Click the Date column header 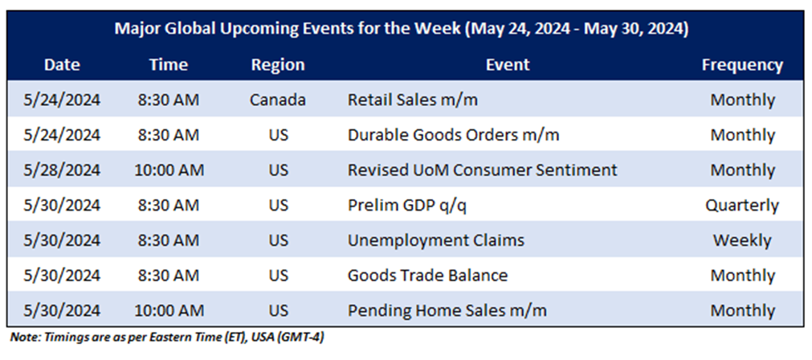62,65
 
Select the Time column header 169,65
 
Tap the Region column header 278,65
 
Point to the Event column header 508,65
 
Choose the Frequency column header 742,66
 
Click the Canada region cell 278,100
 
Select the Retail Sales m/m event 413,100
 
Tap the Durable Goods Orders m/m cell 454,135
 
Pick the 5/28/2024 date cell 62,170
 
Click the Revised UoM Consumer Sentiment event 483,170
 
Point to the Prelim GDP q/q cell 409,206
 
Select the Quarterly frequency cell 742,206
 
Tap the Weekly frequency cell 742,241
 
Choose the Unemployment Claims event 436,241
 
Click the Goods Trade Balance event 428,276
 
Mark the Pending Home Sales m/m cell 447,311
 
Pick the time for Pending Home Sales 169,311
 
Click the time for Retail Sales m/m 169,100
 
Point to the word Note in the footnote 22,337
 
